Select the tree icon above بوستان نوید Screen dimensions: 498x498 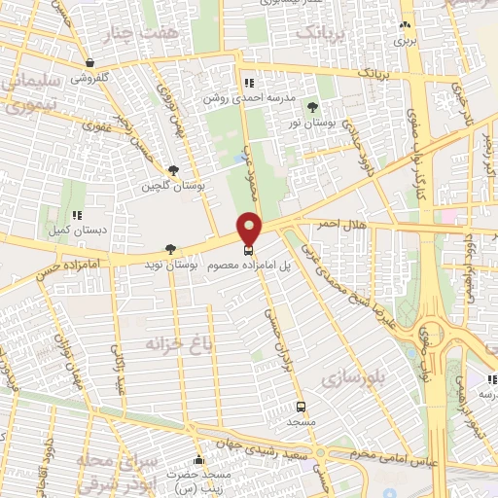click(172, 249)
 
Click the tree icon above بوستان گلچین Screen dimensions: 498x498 click(174, 169)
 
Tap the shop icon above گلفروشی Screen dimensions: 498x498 click(89, 61)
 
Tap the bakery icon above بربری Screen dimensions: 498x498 click(405, 25)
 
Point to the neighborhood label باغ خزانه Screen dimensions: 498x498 click(151, 343)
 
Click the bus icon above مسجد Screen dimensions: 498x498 click(300, 407)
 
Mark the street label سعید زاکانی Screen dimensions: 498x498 click(120, 374)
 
